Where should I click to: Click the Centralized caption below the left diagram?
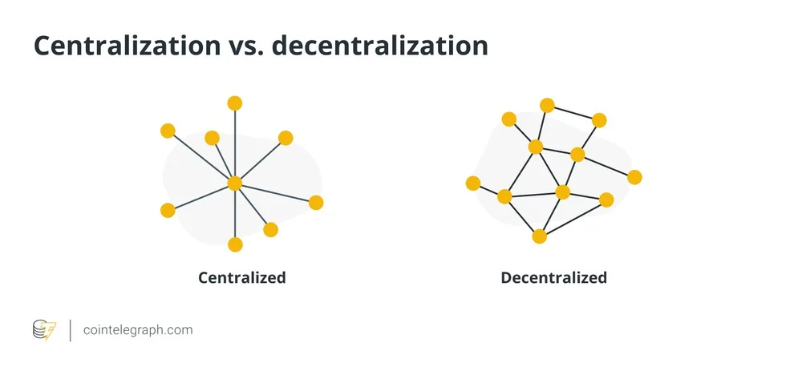coord(242,278)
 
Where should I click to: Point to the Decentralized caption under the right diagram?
coord(553,278)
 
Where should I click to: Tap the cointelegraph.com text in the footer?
coord(138,329)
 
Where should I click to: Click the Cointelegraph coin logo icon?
coord(44,329)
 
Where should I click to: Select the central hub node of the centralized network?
coord(234,183)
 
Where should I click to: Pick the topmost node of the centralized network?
coord(234,103)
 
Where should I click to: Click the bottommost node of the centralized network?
coord(234,244)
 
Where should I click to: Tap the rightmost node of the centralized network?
coord(316,203)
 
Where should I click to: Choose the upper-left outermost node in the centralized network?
coord(168,131)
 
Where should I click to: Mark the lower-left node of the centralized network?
coord(168,210)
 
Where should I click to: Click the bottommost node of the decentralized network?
coord(539,236)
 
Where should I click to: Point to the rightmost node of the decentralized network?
coord(634,177)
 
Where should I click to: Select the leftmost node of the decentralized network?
coord(473,183)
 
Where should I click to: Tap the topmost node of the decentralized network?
coord(547,106)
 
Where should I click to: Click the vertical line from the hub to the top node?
coord(234,144)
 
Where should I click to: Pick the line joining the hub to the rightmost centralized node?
coord(275,192)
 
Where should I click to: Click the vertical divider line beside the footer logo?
coord(71,330)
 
